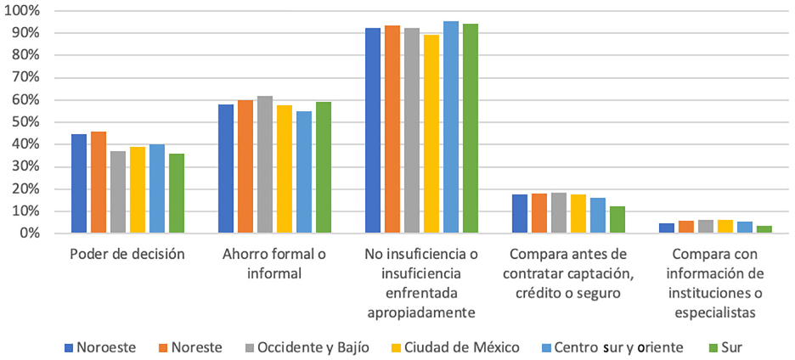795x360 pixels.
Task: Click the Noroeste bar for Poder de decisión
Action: pyautogui.click(x=79, y=183)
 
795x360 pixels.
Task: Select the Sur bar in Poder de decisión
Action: pyautogui.click(x=177, y=194)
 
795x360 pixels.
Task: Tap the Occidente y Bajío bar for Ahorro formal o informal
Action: pyautogui.click(x=265, y=165)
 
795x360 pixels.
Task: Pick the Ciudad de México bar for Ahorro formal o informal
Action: pyautogui.click(x=285, y=169)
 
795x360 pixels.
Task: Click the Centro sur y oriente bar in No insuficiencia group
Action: pyautogui.click(x=451, y=127)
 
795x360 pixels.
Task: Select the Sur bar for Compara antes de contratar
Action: pyautogui.click(x=617, y=220)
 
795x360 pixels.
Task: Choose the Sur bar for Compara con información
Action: pyautogui.click(x=764, y=229)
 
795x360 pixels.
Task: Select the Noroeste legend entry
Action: pyautogui.click(x=104, y=347)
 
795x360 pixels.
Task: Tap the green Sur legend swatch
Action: pyautogui.click(x=712, y=347)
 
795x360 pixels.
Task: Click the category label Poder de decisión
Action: pyautogui.click(x=127, y=254)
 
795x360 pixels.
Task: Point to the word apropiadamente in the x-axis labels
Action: pyautogui.click(x=421, y=312)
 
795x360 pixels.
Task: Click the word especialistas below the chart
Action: pyautogui.click(x=715, y=312)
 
